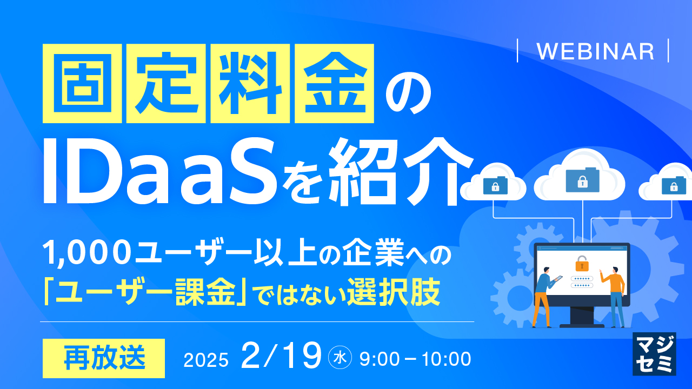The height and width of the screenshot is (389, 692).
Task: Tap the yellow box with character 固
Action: pyautogui.click(x=82, y=83)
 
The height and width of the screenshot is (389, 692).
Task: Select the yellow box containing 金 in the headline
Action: pyautogui.click(x=335, y=83)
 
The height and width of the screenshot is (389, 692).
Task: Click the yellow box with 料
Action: pyautogui.click(x=251, y=83)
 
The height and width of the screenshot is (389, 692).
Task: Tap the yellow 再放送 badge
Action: pyautogui.click(x=103, y=358)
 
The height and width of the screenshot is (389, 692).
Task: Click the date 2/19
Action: pyautogui.click(x=281, y=357)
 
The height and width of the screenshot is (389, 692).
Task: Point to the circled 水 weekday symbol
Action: pyautogui.click(x=341, y=357)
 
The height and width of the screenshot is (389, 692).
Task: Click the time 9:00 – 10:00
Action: pyautogui.click(x=414, y=358)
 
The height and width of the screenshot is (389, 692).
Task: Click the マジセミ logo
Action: pyautogui.click(x=654, y=353)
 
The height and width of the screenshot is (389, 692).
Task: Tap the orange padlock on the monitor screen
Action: pyautogui.click(x=582, y=264)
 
